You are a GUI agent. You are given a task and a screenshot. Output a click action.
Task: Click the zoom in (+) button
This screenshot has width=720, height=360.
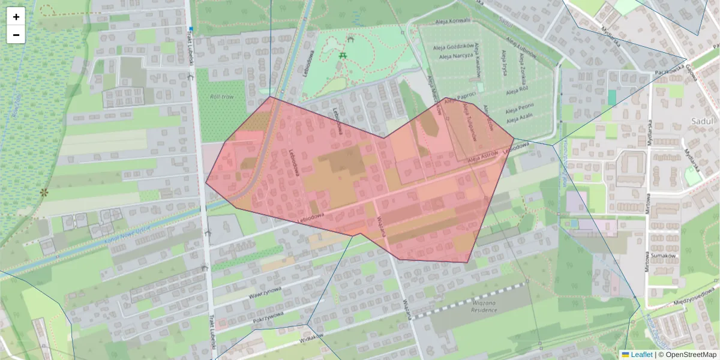[16, 17]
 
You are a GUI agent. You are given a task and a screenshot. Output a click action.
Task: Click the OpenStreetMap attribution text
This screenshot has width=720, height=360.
[690, 355]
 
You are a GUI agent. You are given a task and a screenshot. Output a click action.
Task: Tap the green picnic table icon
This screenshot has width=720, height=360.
[343, 55]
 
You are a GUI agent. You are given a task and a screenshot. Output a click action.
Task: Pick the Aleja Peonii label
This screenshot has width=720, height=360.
[519, 106]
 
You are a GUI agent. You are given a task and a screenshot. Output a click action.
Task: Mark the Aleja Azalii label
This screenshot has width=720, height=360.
[520, 116]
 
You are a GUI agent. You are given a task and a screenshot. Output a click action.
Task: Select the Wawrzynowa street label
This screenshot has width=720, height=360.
[265, 293]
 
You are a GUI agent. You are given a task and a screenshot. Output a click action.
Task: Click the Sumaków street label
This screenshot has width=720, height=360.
[664, 256]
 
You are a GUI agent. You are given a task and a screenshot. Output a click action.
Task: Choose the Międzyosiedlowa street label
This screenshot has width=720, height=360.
[695, 300]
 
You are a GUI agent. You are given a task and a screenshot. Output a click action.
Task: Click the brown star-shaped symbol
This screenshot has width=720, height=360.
[43, 193]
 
